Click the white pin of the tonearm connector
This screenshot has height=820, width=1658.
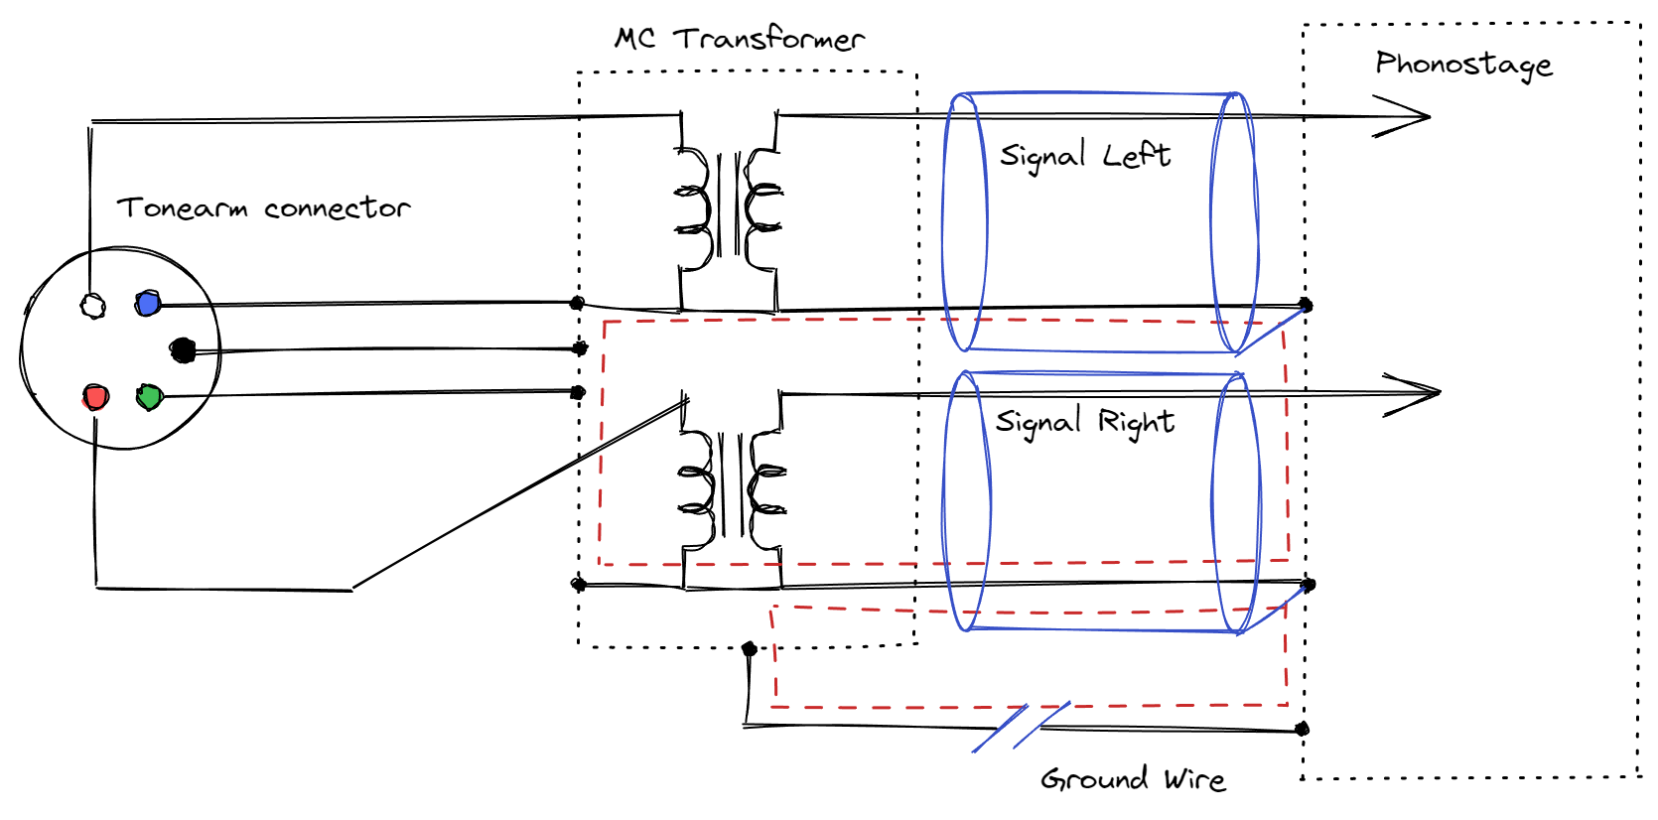click(x=92, y=306)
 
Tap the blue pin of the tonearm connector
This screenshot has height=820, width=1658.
click(x=148, y=303)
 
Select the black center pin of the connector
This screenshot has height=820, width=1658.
click(x=183, y=349)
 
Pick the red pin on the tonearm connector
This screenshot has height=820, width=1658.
click(x=95, y=398)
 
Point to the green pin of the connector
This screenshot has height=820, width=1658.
click(x=149, y=397)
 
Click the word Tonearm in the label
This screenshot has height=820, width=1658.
click(x=182, y=208)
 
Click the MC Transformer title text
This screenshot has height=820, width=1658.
click(x=740, y=39)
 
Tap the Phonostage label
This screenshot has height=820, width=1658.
click(x=1463, y=65)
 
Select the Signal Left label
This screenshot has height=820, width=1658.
click(x=1084, y=156)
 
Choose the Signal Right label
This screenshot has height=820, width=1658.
click(x=1084, y=422)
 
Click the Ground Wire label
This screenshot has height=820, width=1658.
click(x=1133, y=779)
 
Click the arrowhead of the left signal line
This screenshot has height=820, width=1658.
click(x=1410, y=116)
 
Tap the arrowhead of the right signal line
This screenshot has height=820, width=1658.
click(x=1418, y=393)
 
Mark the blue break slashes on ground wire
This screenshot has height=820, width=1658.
click(x=1021, y=728)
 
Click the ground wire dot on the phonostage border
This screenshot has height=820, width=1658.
click(x=1303, y=730)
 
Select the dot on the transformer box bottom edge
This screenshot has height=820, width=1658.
click(x=750, y=649)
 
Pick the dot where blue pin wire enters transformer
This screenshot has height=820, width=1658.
click(x=577, y=303)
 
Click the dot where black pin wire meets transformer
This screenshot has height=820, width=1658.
click(x=581, y=348)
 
